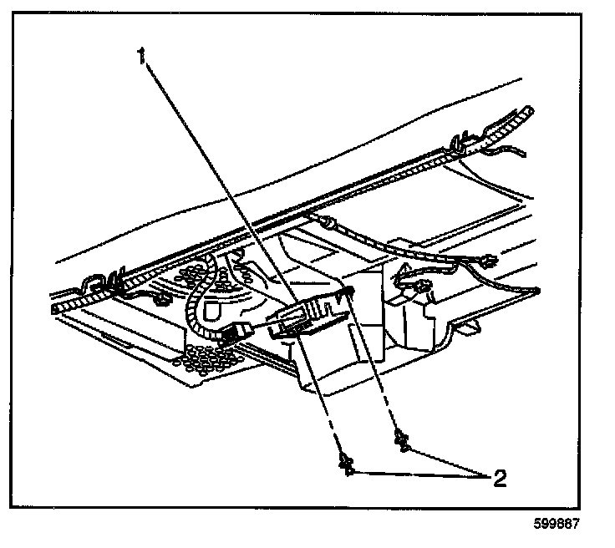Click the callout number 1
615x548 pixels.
pos(143,58)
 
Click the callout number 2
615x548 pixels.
pos(500,478)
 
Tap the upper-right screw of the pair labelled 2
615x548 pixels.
pos(403,439)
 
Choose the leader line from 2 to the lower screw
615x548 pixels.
pos(418,474)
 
